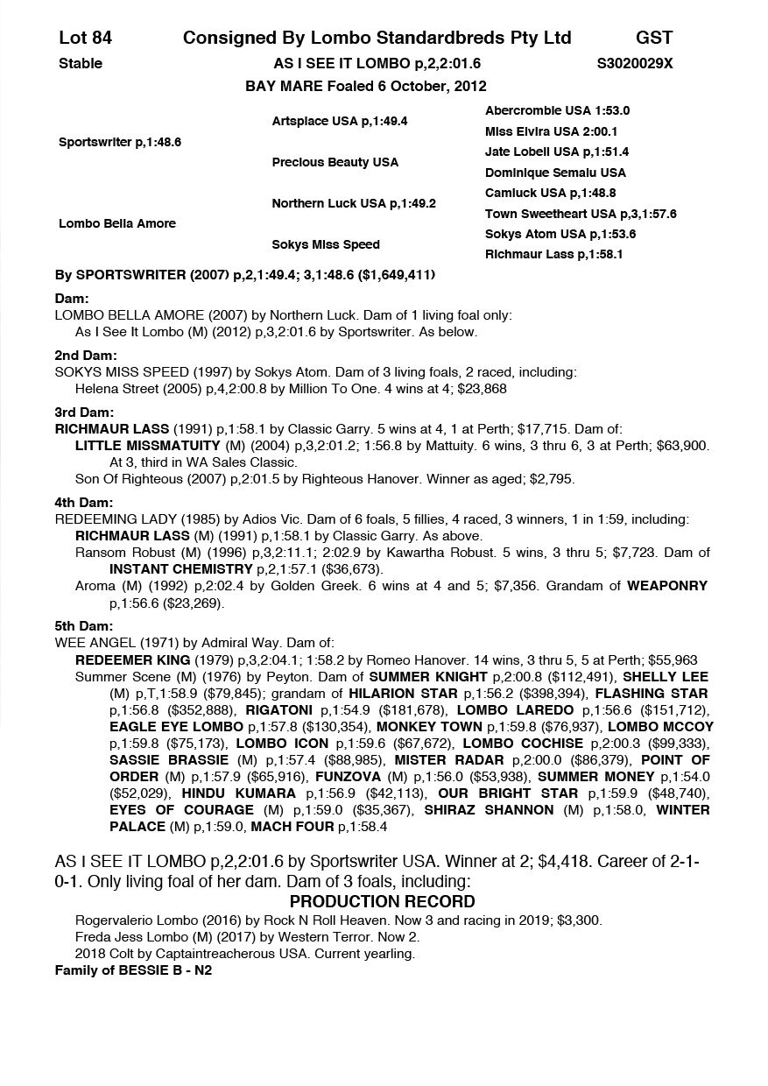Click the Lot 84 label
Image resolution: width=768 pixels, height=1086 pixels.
(x=85, y=38)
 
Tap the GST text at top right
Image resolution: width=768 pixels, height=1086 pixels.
(x=654, y=38)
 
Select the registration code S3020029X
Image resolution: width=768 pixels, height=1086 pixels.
(x=634, y=63)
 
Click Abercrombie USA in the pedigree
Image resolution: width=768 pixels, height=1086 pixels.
(x=557, y=110)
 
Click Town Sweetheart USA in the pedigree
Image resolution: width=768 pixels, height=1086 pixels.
(x=581, y=214)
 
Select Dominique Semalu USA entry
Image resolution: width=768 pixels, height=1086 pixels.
(x=555, y=173)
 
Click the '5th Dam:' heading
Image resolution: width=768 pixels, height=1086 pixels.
(x=83, y=626)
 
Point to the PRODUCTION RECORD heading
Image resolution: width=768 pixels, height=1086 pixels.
(x=382, y=901)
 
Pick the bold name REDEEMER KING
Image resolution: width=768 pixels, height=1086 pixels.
(x=132, y=659)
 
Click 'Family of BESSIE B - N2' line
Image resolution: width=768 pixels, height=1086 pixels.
(x=133, y=970)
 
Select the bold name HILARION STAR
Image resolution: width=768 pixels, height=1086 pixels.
(x=404, y=693)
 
